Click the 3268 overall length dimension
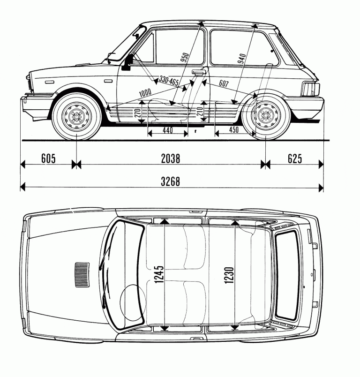pyautogui.click(x=170, y=181)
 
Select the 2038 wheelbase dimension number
pyautogui.click(x=170, y=159)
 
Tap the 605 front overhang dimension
pyautogui.click(x=48, y=159)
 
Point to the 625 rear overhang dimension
pyautogui.click(x=294, y=159)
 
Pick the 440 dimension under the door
pyautogui.click(x=167, y=131)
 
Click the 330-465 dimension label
pyautogui.click(x=169, y=81)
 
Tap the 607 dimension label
pyautogui.click(x=223, y=84)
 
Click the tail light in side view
pyautogui.click(x=309, y=89)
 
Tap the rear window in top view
pyautogui.click(x=287, y=274)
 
